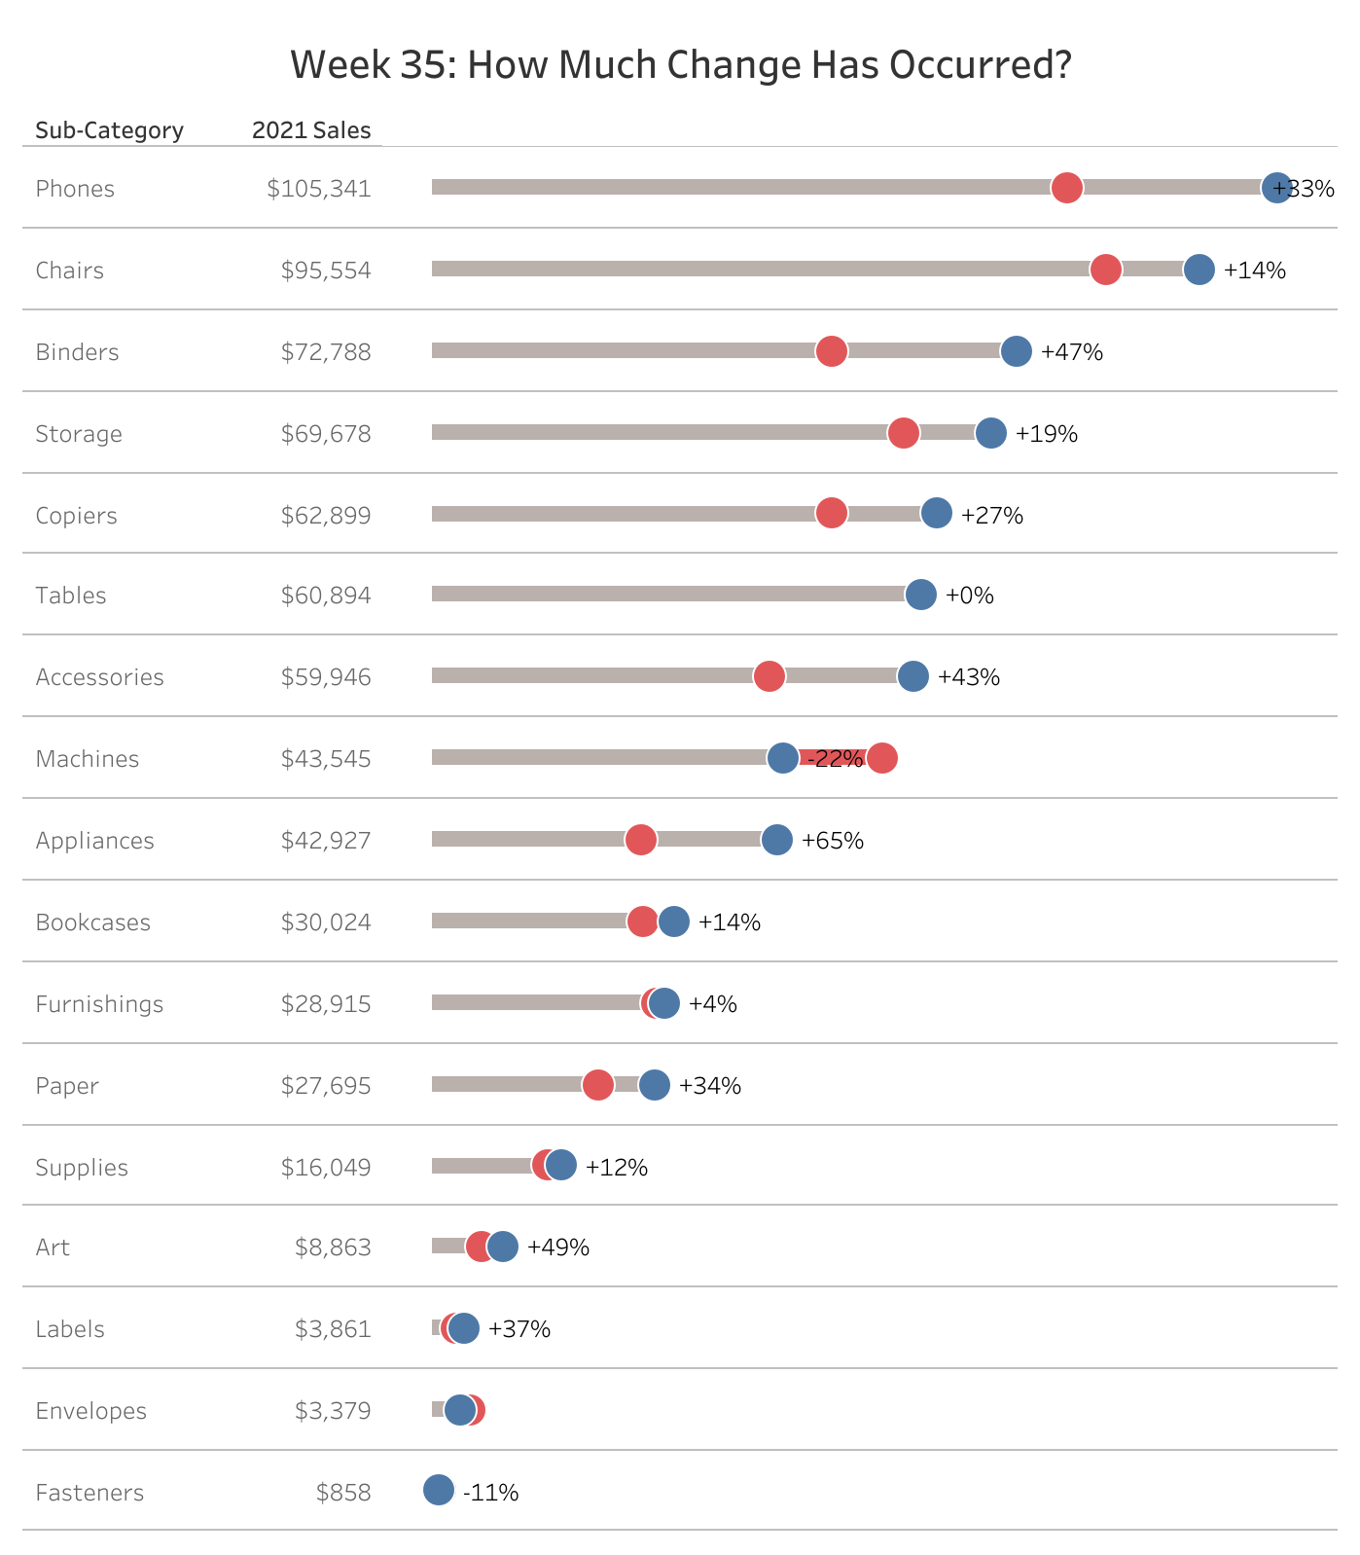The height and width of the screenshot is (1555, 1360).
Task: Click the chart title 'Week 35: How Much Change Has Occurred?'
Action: tap(680, 65)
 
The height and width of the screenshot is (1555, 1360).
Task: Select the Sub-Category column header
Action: tap(109, 130)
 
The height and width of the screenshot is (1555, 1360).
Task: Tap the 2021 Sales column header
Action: tap(311, 130)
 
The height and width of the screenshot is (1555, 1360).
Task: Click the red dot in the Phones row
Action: tap(1066, 188)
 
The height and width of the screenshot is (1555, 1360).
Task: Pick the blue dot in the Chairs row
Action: tap(1199, 270)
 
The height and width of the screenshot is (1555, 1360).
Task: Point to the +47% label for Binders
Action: tap(1071, 352)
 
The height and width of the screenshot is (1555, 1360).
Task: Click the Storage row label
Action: tap(79, 434)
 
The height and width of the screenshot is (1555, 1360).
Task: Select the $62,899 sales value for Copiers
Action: tap(326, 516)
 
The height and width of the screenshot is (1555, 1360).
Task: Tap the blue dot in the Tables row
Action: tap(920, 595)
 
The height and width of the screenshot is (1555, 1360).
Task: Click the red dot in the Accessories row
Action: tap(769, 676)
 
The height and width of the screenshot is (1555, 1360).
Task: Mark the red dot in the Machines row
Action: tap(881, 758)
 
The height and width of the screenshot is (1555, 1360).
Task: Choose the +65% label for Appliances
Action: tap(832, 841)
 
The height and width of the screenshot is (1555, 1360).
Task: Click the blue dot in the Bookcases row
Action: tap(673, 922)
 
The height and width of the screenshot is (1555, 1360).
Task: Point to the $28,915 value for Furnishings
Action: tap(326, 1004)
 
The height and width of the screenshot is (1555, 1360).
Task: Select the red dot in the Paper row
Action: tap(597, 1085)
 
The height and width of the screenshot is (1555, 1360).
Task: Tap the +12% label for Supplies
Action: tap(616, 1168)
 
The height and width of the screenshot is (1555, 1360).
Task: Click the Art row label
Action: tap(53, 1248)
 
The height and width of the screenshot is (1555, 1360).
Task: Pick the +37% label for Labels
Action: tap(519, 1329)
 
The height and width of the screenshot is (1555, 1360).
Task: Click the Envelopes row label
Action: tap(90, 1411)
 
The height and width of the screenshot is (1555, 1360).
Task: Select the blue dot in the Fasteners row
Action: tap(439, 1490)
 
